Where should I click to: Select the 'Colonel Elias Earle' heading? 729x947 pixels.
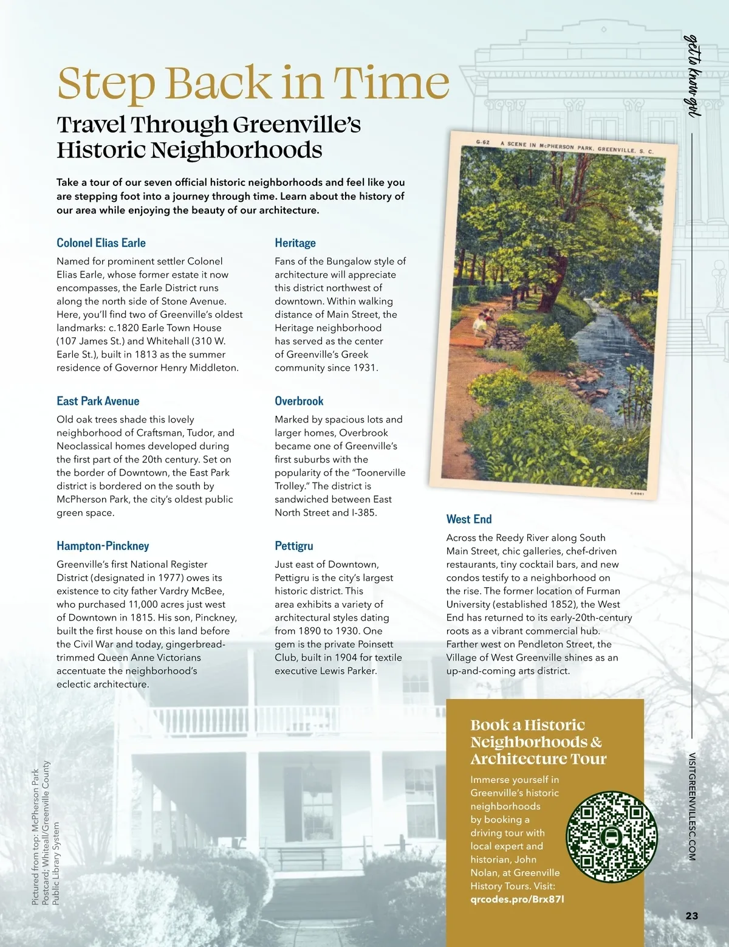101,243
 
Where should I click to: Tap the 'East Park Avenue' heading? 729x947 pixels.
98,401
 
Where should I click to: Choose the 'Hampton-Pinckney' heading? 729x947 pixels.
103,546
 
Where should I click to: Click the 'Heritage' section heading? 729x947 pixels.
295,243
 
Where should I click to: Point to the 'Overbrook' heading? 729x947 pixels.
299,401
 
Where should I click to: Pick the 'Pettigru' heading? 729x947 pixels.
294,546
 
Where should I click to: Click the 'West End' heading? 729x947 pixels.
468,519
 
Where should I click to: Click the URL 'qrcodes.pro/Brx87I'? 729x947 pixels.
517,900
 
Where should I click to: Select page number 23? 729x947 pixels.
691,915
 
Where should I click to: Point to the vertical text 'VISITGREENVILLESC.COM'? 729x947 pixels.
692,806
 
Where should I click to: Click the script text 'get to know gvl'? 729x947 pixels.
692,75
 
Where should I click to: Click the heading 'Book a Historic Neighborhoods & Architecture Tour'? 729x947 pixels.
538,742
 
